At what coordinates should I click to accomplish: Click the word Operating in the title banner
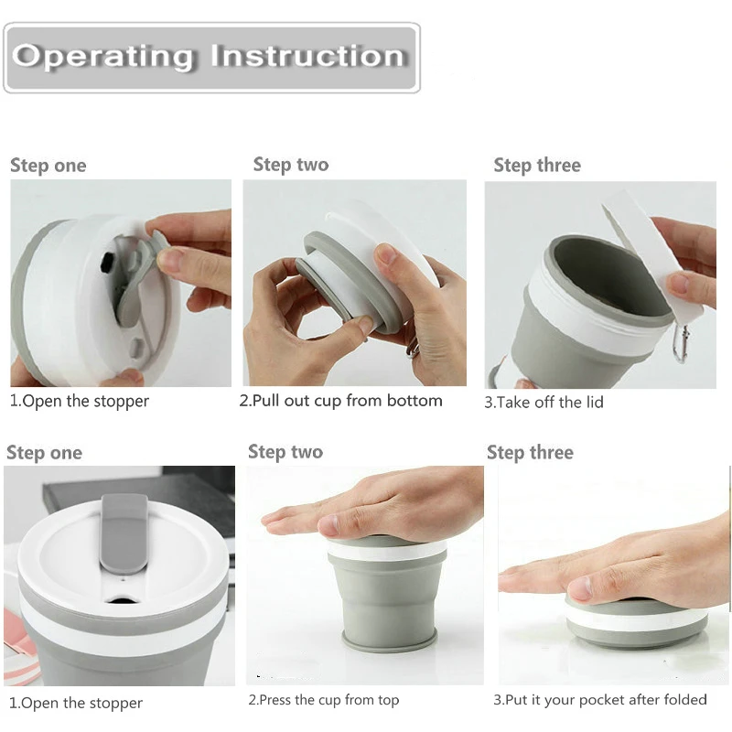[x=103, y=58]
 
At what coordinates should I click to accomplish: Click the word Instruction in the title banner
[x=307, y=56]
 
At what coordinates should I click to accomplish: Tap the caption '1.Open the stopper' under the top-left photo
[x=80, y=402]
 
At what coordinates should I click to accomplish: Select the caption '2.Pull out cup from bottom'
[x=340, y=401]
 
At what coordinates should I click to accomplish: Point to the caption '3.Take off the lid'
[x=544, y=402]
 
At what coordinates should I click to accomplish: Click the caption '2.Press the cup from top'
[x=324, y=700]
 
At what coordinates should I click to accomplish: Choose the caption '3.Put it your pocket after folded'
[x=600, y=700]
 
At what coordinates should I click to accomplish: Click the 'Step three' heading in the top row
[x=537, y=166]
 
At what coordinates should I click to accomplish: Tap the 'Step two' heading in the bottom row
[x=285, y=452]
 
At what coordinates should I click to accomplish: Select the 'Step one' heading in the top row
[x=48, y=166]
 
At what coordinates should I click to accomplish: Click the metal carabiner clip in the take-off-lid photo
[x=682, y=343]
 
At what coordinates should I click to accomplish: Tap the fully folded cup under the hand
[x=636, y=621]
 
